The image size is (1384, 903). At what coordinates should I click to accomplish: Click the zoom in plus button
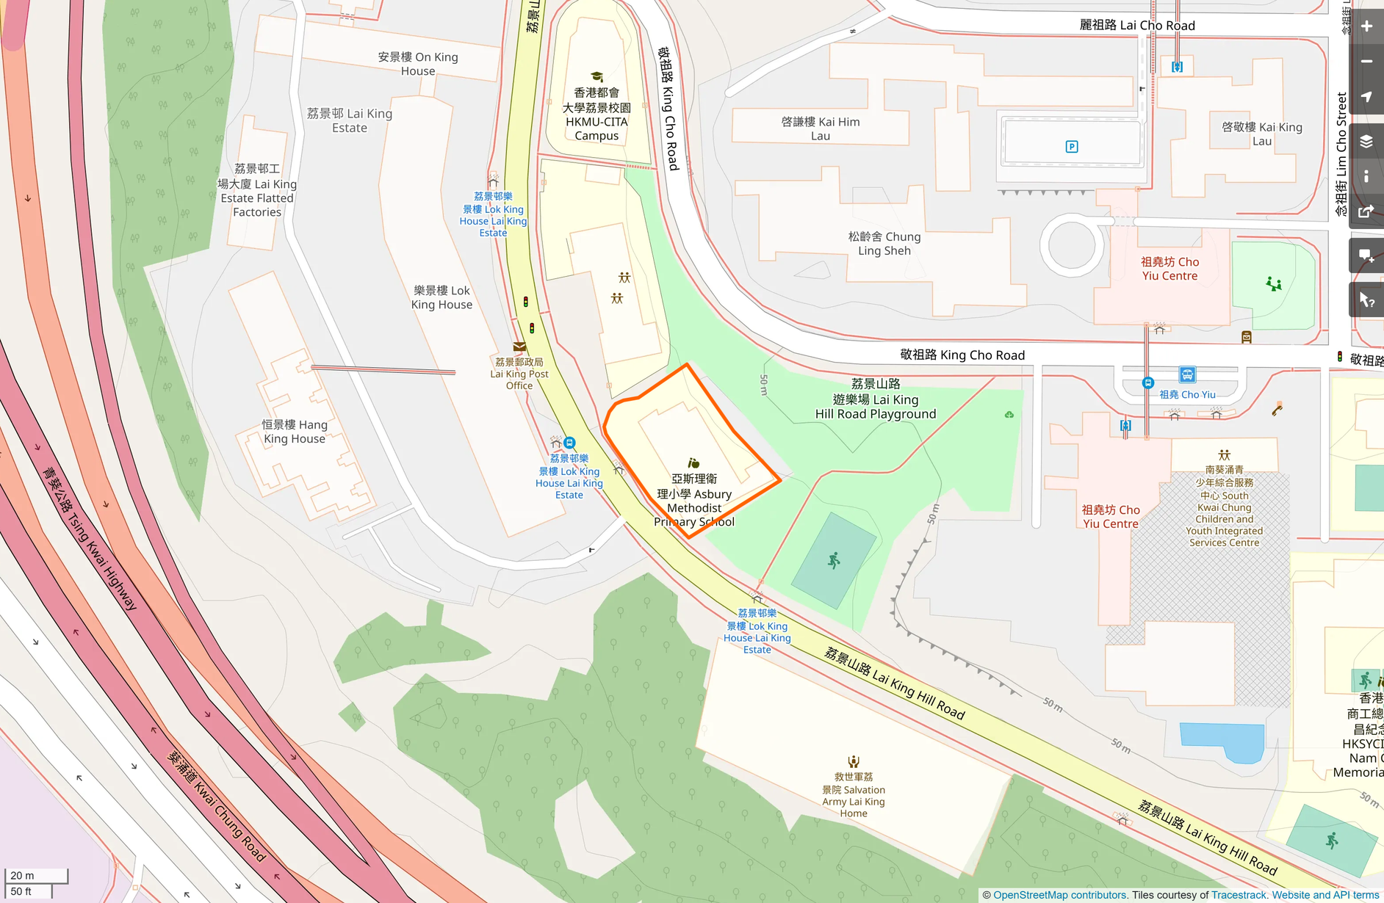(x=1366, y=26)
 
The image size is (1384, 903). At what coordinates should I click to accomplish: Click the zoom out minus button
(x=1366, y=62)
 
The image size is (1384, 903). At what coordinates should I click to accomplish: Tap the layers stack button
(x=1366, y=142)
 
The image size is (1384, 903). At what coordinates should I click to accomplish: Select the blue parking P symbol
(x=1072, y=147)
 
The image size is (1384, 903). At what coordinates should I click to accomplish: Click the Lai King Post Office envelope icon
(x=519, y=347)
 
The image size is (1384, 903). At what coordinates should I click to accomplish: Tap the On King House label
(x=418, y=64)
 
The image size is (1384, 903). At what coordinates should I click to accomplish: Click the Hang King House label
(x=295, y=432)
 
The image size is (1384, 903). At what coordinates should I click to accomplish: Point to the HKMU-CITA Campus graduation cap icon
(x=597, y=77)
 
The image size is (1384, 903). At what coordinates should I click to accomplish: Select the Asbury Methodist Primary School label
(x=694, y=500)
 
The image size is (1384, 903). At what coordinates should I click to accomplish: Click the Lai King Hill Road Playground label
(x=876, y=399)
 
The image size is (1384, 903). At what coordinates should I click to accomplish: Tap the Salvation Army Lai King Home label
(x=854, y=794)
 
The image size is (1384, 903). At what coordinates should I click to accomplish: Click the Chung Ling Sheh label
(x=884, y=244)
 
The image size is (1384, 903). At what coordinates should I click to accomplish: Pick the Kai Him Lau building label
(x=821, y=128)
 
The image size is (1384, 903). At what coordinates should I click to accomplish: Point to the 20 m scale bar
(x=36, y=876)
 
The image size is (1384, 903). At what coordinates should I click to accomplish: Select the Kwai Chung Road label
(x=217, y=805)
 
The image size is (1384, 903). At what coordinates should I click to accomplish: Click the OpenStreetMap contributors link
(x=1060, y=895)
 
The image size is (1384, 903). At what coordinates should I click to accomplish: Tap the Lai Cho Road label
(x=1137, y=26)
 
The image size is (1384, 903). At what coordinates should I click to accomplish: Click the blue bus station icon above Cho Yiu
(x=1187, y=375)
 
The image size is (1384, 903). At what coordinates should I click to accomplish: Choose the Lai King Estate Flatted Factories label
(x=257, y=191)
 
